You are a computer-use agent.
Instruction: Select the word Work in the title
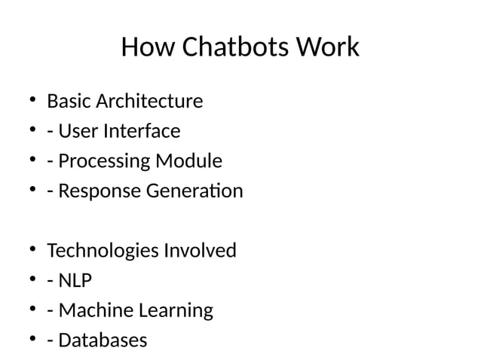(x=328, y=48)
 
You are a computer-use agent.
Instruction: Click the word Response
(x=98, y=191)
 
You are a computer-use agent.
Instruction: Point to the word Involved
(x=200, y=250)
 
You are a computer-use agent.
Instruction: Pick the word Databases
(x=103, y=340)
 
